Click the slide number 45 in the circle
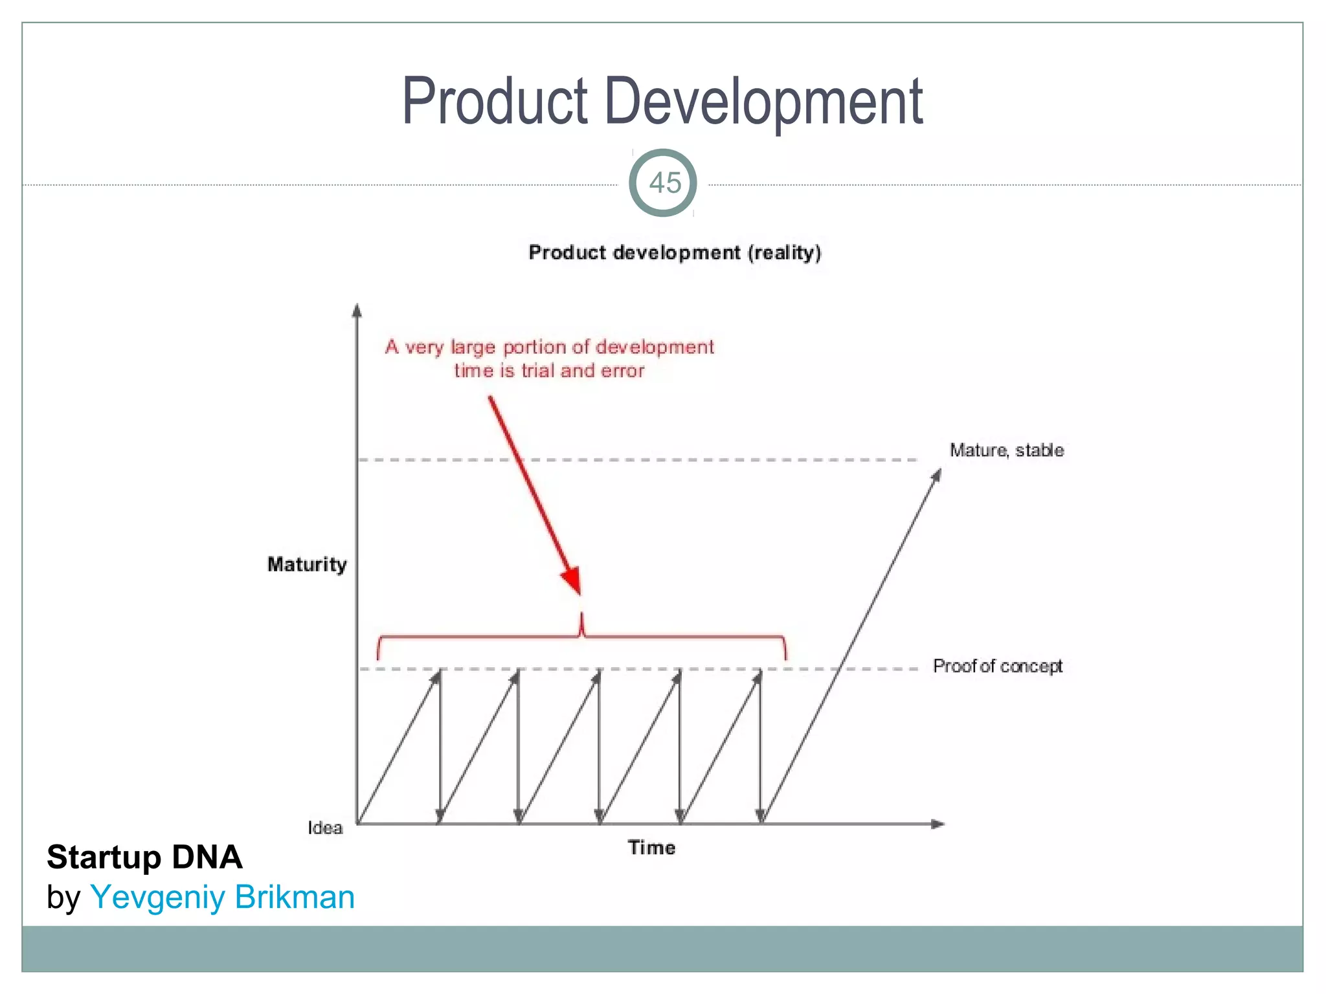(664, 183)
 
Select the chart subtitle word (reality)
(784, 252)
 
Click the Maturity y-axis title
(307, 564)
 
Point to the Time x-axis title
(651, 848)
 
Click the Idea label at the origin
(324, 828)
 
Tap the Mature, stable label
(1006, 450)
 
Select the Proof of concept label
(997, 666)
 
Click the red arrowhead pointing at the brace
(572, 580)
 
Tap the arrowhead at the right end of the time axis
(938, 824)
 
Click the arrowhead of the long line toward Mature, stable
(936, 476)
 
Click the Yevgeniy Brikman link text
(223, 898)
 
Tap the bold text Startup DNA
(144, 857)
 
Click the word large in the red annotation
(473, 348)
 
